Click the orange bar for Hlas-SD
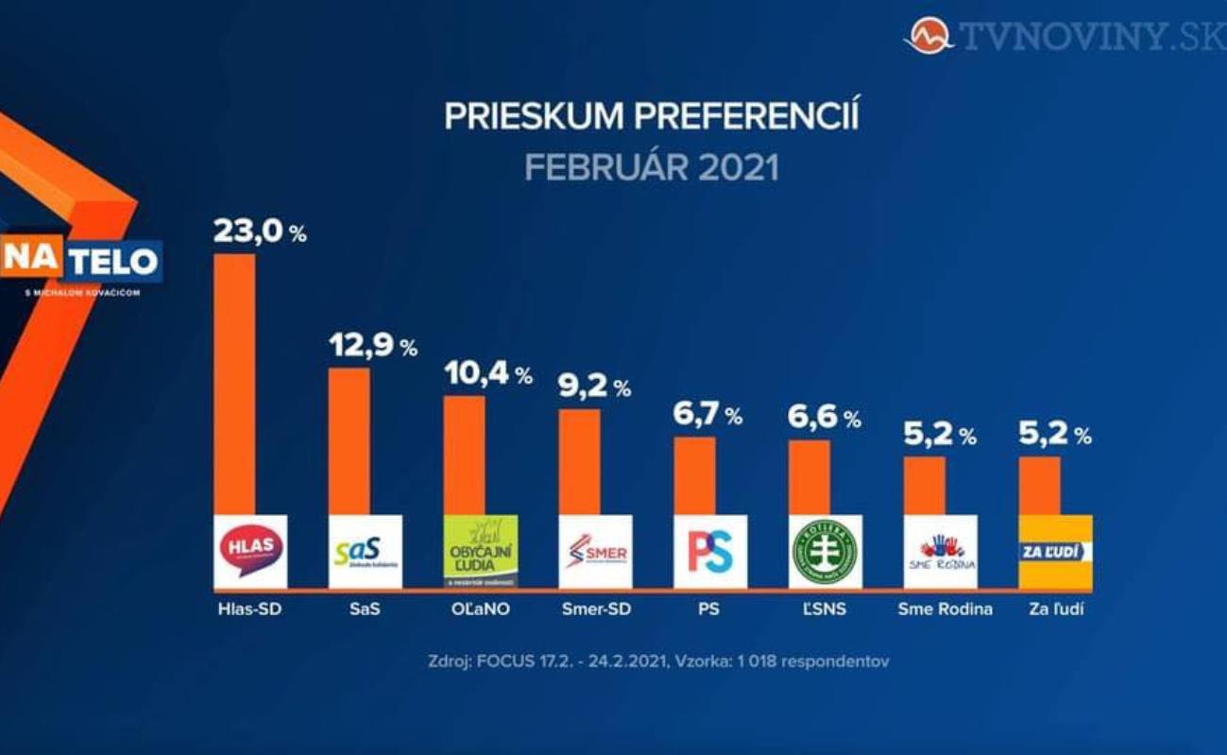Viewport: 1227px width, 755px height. [234, 383]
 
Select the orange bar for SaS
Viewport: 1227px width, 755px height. [349, 440]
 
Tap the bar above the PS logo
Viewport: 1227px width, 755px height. [694, 475]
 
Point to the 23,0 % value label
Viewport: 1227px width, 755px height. [259, 232]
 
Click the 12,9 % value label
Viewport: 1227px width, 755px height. [372, 346]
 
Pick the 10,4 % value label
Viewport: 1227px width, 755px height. [487, 374]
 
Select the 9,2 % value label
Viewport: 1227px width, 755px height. [594, 386]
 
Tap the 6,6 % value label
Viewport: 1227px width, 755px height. [824, 418]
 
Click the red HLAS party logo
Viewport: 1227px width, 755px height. [250, 551]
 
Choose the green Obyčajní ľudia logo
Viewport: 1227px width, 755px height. [481, 551]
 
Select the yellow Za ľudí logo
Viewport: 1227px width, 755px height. [1055, 551]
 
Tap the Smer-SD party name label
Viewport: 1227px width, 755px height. [595, 609]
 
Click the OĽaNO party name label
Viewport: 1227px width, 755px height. [480, 609]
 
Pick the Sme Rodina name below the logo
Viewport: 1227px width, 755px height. [945, 609]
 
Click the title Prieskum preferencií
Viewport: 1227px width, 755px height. [652, 117]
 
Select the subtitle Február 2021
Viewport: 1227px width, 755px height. [652, 168]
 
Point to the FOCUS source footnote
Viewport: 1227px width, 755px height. [658, 661]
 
